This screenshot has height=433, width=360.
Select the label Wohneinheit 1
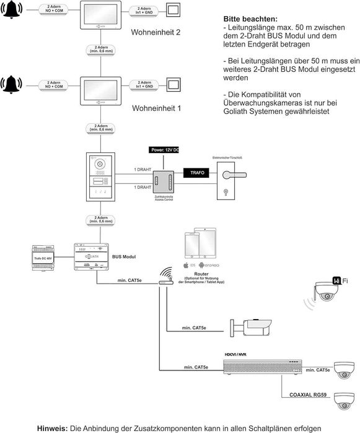click(x=156, y=108)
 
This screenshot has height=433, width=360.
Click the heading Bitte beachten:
click(x=246, y=20)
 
